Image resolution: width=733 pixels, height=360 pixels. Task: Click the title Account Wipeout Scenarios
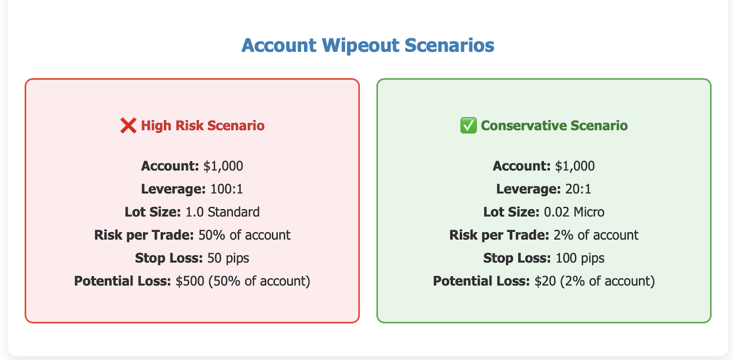pos(368,45)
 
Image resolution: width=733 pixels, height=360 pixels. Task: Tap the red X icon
pos(128,125)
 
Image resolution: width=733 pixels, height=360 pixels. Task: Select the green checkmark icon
pos(468,125)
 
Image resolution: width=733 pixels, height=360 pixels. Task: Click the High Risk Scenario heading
pos(202,125)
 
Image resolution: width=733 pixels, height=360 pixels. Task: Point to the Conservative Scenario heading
pos(554,125)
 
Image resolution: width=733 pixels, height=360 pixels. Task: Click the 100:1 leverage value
pos(226,189)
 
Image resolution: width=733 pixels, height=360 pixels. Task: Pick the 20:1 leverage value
pos(578,189)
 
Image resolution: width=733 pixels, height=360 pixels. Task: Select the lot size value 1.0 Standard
pos(223,212)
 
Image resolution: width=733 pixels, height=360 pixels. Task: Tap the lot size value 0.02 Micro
pos(574,212)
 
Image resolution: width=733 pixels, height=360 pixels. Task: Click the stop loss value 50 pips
pos(228,258)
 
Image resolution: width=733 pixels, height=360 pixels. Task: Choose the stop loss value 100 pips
pos(580,258)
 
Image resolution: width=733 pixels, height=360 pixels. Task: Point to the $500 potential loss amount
pos(190,281)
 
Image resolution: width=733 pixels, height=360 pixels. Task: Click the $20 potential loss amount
pos(545,281)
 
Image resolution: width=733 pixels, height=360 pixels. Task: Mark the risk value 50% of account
pos(245,235)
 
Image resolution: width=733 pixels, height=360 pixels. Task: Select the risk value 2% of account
pos(596,235)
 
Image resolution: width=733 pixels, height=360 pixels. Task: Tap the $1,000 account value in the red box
pos(223,166)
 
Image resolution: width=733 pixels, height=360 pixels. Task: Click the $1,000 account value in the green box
pos(575,166)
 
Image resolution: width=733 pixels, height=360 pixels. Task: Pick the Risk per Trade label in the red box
pos(144,235)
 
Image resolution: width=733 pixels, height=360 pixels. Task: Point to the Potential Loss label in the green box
pos(481,281)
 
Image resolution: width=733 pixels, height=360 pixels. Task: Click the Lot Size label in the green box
pos(511,212)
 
